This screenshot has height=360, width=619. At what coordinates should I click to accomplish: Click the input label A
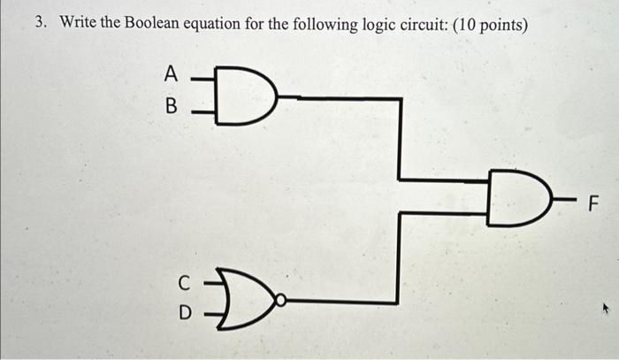171,76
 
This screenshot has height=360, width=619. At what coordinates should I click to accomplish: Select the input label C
184,283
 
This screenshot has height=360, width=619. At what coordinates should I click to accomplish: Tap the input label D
184,312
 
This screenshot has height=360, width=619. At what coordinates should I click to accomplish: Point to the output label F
593,206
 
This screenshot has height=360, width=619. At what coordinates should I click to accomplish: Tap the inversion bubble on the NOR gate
279,301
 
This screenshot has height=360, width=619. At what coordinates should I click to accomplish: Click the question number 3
40,24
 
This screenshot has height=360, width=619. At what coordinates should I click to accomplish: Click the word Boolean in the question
153,24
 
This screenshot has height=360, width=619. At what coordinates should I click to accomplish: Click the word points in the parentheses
502,25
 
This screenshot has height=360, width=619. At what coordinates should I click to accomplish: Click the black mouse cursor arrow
607,310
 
